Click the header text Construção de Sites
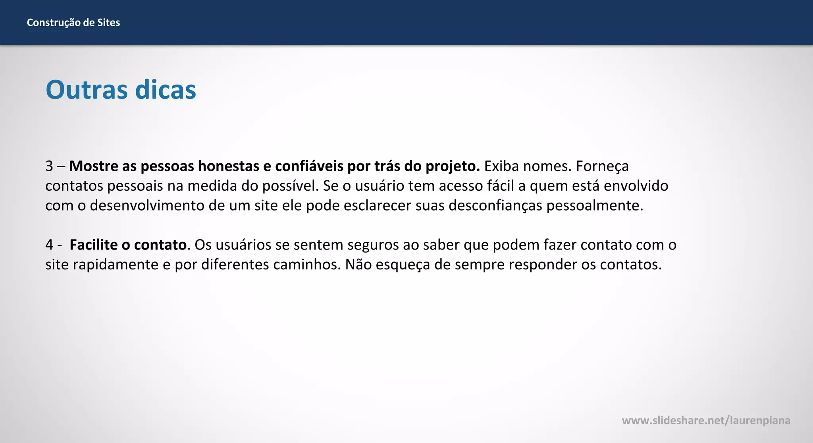tap(73, 23)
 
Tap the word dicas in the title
tap(166, 90)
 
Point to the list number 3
tap(49, 166)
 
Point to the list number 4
tap(49, 245)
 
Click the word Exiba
tap(501, 166)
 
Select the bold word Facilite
tap(94, 245)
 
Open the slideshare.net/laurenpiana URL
tap(706, 420)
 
